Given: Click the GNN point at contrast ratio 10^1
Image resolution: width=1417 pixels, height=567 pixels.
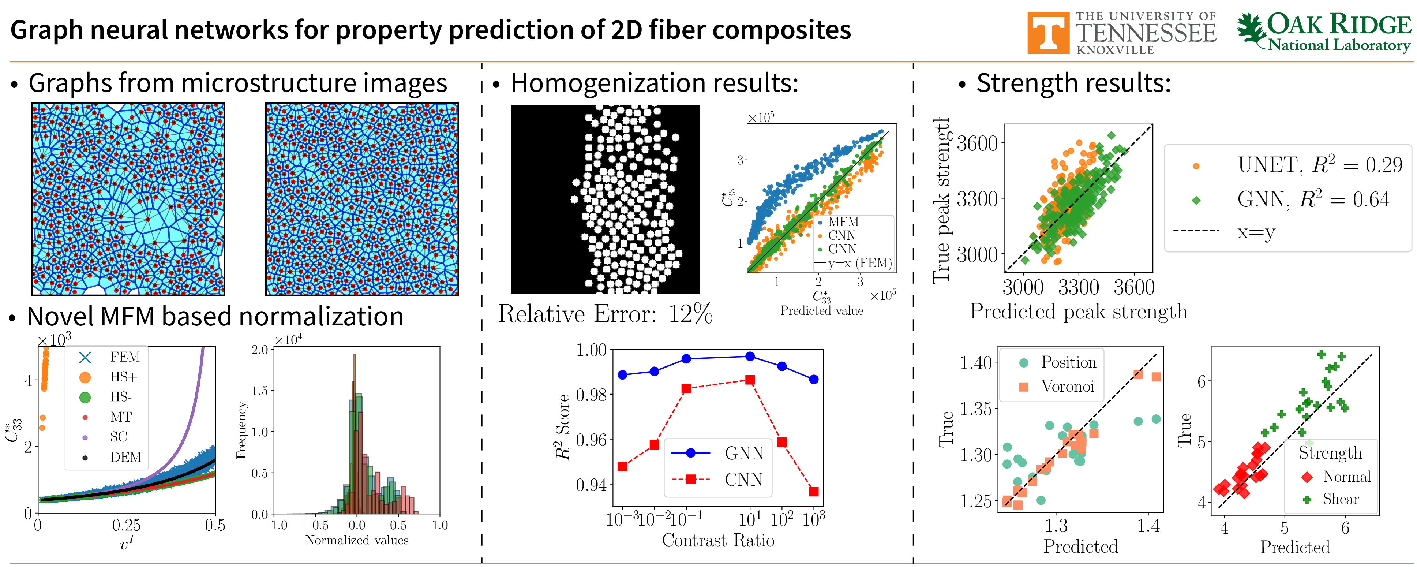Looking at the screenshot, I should (x=750, y=357).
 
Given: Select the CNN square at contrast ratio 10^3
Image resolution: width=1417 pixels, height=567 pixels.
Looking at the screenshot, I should (x=814, y=492).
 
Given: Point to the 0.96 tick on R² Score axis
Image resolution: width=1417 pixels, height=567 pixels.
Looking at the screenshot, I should (x=591, y=440).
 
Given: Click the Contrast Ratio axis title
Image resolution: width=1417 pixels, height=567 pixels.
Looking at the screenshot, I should (x=718, y=541).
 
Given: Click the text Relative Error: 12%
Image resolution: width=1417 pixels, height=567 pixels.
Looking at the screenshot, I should (x=605, y=314).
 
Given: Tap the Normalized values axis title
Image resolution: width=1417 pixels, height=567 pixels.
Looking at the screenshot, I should (x=356, y=541).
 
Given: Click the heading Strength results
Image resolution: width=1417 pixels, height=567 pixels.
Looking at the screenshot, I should (x=1073, y=84).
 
